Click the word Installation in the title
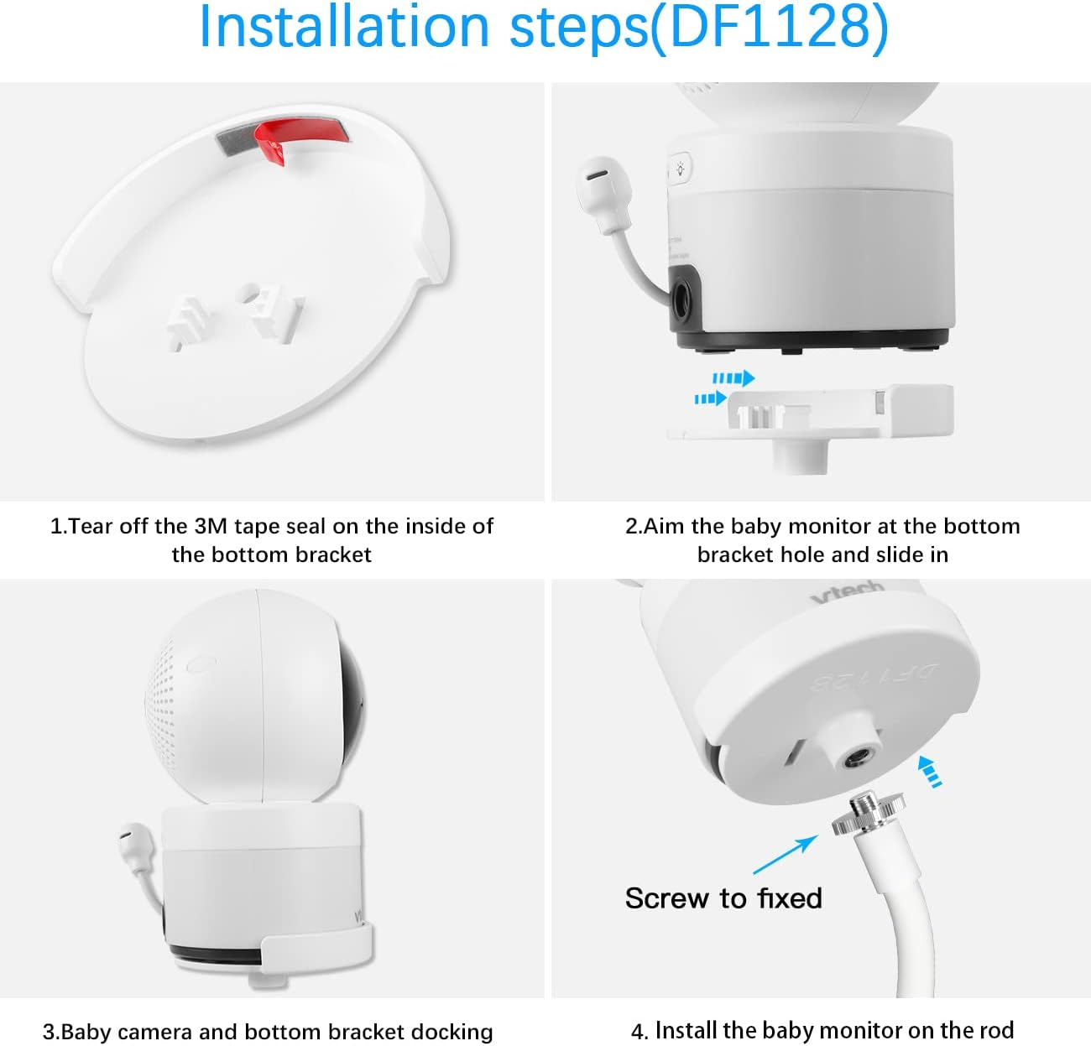coord(343,27)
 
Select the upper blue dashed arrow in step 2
coord(733,378)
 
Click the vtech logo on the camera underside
coord(848,592)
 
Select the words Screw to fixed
coord(723,898)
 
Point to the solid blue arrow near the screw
coord(786,855)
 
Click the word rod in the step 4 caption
coord(995,1030)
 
